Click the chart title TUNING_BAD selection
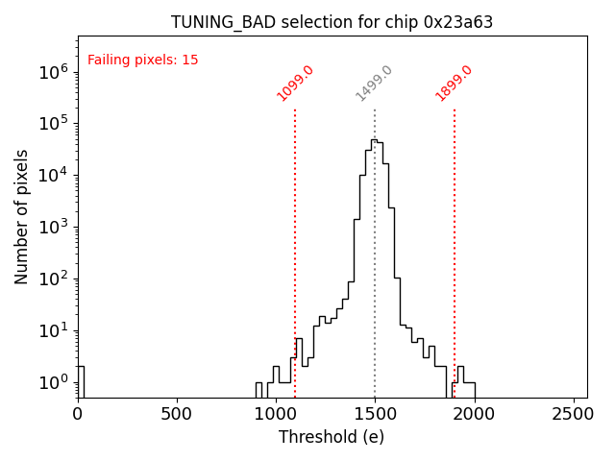coord(332,22)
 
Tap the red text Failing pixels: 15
coord(143,60)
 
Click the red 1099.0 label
coord(296,84)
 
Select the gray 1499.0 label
coord(375,84)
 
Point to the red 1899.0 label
coord(455,84)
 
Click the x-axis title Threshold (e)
coord(332,437)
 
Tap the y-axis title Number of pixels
coord(22,216)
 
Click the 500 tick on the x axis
coord(177,414)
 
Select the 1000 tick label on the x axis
coord(276,414)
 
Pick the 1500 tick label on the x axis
coord(375,414)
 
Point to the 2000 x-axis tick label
coord(475,414)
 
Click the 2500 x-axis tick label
coord(574,414)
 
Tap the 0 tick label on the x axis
coord(78,414)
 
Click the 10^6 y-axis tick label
coord(53,71)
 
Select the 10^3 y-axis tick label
coord(53,227)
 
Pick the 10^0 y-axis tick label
coord(53,382)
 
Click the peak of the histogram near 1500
coord(374,140)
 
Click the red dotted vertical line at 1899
coord(455,240)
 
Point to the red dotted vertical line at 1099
coord(295,240)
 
